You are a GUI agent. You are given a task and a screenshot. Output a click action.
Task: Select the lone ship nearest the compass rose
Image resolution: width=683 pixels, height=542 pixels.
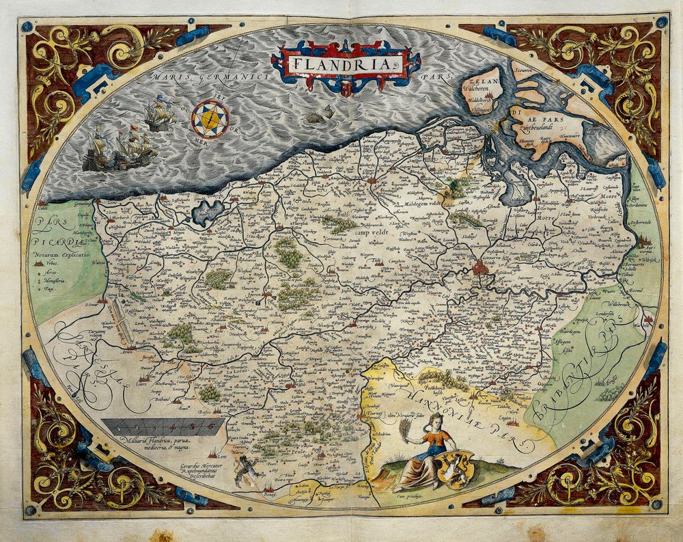[x=158, y=114]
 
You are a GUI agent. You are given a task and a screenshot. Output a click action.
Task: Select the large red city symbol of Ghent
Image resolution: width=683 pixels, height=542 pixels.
[x=481, y=267]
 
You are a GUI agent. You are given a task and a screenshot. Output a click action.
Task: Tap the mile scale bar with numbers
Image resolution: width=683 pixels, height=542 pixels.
[x=164, y=427]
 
